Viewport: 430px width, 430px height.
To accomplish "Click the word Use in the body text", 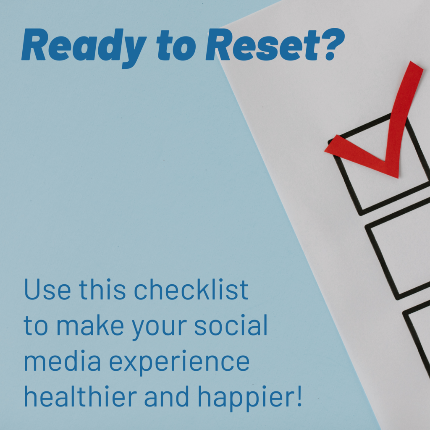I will pos(47,290).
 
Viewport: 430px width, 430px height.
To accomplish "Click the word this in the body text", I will pos(102,290).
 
